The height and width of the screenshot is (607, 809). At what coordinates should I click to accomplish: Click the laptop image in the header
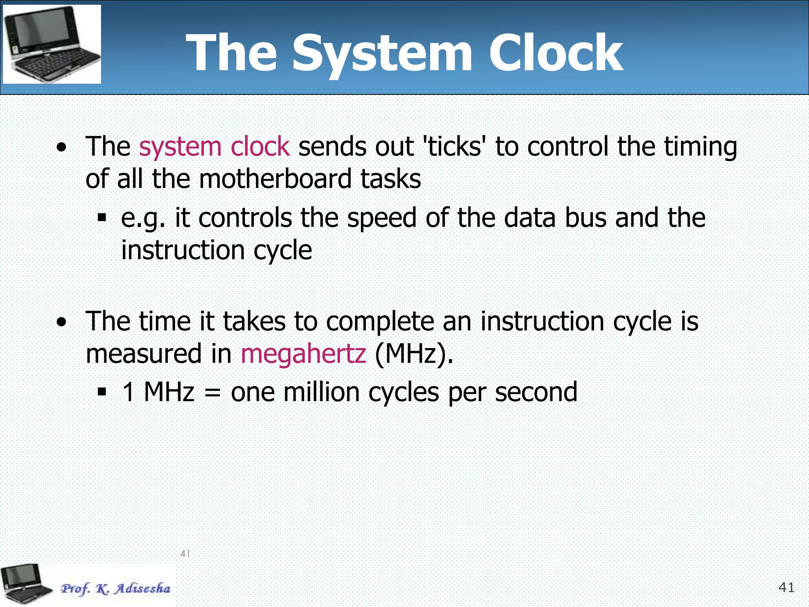click(x=52, y=44)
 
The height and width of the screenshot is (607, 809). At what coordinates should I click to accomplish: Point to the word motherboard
click(x=275, y=179)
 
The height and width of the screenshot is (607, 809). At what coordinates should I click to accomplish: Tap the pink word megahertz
click(x=303, y=354)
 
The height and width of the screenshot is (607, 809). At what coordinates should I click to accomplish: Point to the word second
click(x=536, y=392)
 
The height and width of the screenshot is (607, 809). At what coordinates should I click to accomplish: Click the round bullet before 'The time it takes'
click(x=61, y=322)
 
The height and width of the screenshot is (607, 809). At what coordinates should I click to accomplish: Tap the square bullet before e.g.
click(x=102, y=218)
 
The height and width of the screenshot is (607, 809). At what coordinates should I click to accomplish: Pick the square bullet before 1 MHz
click(x=102, y=392)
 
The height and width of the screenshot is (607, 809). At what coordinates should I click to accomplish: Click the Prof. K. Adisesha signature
click(x=115, y=588)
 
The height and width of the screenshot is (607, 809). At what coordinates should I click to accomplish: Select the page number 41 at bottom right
click(x=786, y=588)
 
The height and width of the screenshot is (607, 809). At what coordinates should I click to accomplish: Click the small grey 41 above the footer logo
click(x=185, y=553)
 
